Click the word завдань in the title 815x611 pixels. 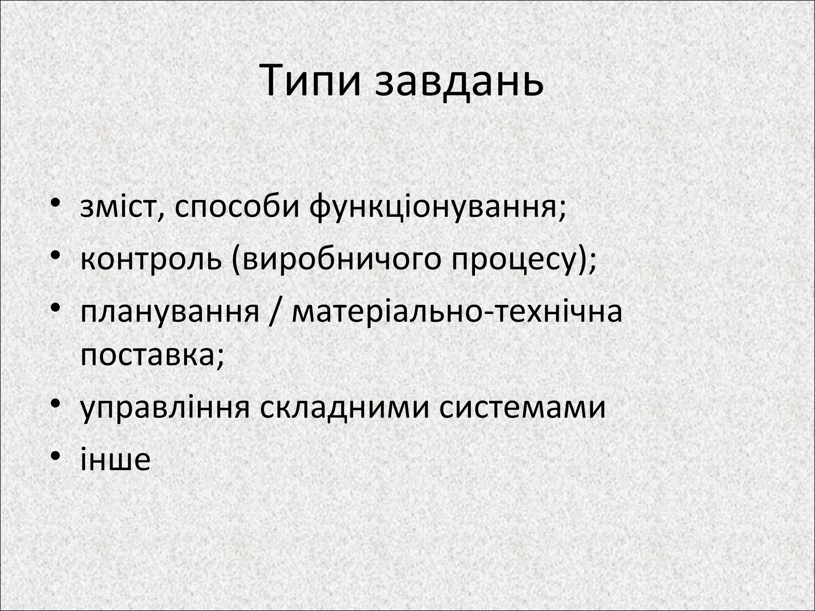tap(459, 81)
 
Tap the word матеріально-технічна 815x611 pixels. tap(457, 311)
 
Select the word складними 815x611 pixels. tap(345, 407)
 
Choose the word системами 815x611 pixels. tap(522, 407)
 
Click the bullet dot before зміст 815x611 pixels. tap(56, 203)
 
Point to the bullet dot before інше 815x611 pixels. tap(56, 455)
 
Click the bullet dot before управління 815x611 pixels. tap(56, 403)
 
